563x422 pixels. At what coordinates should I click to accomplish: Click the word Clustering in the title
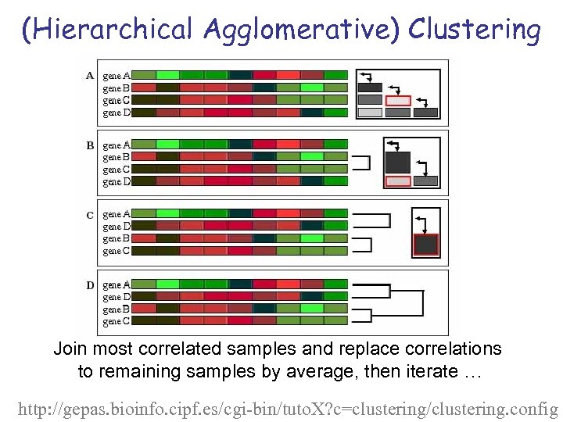(474, 30)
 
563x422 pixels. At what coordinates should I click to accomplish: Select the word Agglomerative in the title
(300, 30)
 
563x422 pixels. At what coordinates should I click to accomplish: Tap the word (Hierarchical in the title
(107, 30)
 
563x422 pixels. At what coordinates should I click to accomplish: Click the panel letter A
(90, 76)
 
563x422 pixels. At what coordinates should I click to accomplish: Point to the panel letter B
(90, 145)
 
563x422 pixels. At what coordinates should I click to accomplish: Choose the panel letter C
(90, 215)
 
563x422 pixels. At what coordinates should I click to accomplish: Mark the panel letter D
(90, 285)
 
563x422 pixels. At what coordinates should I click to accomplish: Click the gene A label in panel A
(117, 76)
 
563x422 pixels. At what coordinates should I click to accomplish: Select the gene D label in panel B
(117, 181)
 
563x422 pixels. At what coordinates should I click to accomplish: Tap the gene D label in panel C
(117, 227)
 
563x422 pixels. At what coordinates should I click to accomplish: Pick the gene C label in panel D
(117, 321)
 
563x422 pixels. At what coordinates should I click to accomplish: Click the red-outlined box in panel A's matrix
(398, 100)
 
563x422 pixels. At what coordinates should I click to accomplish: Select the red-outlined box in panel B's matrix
(398, 181)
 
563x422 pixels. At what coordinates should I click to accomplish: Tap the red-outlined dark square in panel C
(425, 245)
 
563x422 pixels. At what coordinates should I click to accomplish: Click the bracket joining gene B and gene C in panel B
(362, 163)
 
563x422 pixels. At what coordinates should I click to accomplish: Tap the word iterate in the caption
(424, 371)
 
